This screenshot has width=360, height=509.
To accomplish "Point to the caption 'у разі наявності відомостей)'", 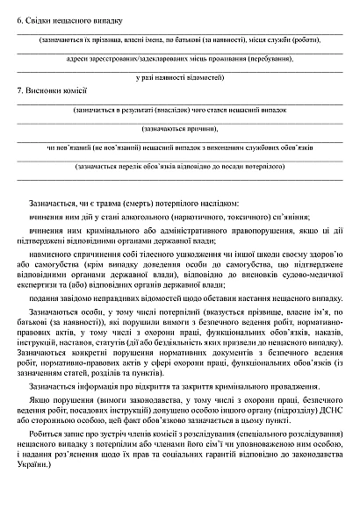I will [180, 77].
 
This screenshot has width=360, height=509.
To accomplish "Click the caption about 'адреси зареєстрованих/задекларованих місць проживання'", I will [180, 58].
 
